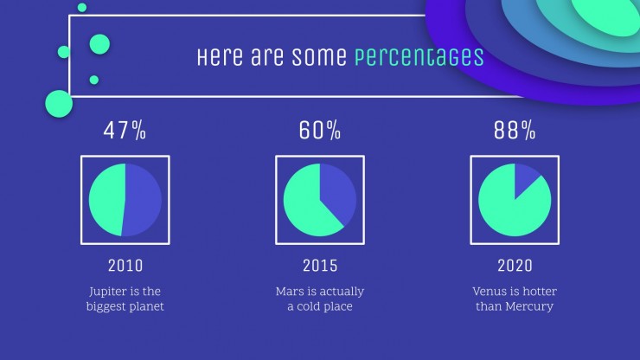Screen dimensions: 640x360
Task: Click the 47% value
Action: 125,131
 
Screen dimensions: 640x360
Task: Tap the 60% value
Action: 320,131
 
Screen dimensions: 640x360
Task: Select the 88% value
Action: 515,131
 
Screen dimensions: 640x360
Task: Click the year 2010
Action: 125,266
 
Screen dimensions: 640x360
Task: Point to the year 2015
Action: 320,266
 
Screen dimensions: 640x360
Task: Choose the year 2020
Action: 515,266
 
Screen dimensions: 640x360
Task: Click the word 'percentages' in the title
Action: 419,57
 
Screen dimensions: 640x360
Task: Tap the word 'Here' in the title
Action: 220,56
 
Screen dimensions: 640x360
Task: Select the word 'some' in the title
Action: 319,57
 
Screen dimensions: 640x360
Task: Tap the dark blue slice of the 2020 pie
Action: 524,177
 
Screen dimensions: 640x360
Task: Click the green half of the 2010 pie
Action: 106,200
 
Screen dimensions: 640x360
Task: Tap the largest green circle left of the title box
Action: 59,104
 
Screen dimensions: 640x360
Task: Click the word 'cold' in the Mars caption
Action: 308,306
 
